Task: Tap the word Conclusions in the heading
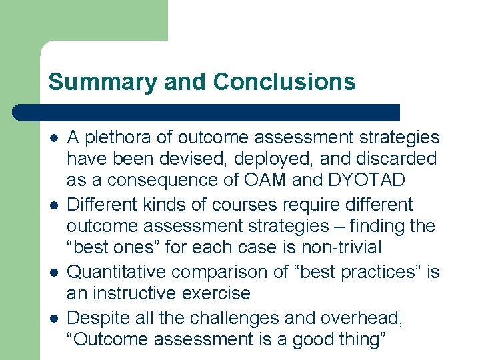285,82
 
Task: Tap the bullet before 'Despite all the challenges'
53,319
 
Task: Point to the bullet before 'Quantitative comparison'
53,273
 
